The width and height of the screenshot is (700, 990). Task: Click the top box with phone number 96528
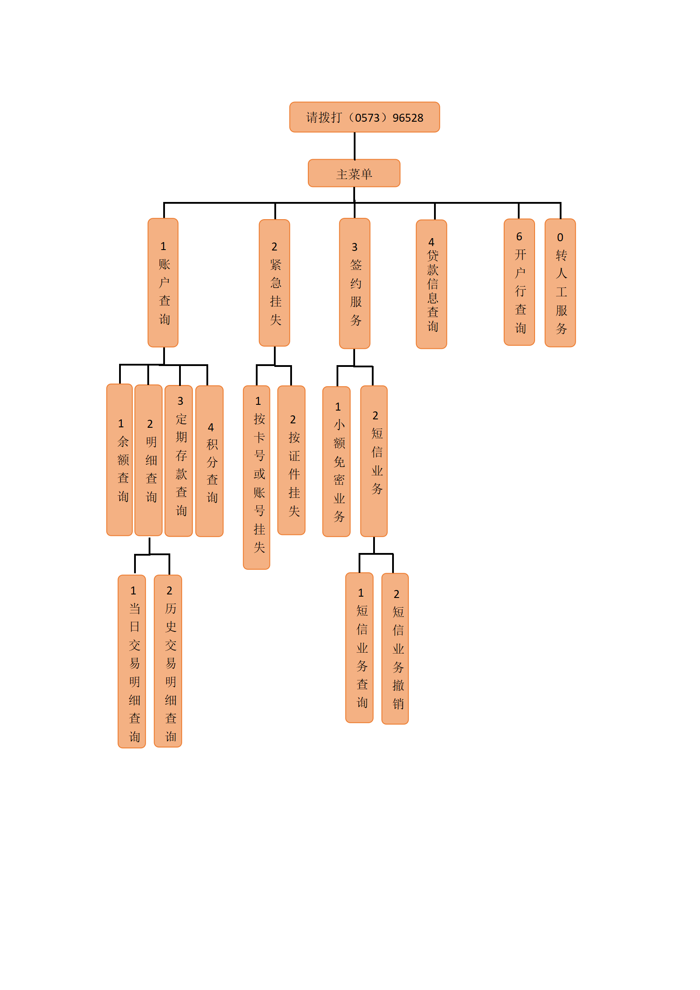[364, 117]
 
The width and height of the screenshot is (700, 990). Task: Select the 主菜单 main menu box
[354, 173]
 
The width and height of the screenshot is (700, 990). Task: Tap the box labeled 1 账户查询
[163, 283]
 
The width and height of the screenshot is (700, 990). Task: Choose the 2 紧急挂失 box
[274, 283]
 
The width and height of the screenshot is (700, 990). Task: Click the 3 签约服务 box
[355, 284]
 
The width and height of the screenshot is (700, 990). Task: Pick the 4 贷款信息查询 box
[431, 284]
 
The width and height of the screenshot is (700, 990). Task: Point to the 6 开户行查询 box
[519, 282]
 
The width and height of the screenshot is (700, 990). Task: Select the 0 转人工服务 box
[560, 283]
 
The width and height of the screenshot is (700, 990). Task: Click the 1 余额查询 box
[120, 460]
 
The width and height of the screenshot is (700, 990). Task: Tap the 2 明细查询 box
[149, 460]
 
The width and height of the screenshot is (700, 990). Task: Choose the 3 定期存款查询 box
[179, 461]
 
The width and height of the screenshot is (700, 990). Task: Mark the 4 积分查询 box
[210, 461]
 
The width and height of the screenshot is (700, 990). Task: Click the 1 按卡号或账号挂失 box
[257, 478]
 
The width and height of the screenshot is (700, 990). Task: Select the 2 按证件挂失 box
[292, 460]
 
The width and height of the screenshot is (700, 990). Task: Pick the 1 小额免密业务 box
[337, 462]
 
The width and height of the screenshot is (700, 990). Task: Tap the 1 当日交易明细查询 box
[132, 661]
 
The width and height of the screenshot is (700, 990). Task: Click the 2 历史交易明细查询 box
[168, 661]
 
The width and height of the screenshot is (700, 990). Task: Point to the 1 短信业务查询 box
[359, 648]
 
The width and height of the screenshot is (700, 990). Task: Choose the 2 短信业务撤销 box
[395, 649]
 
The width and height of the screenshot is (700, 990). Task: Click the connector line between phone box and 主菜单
[355, 146]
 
